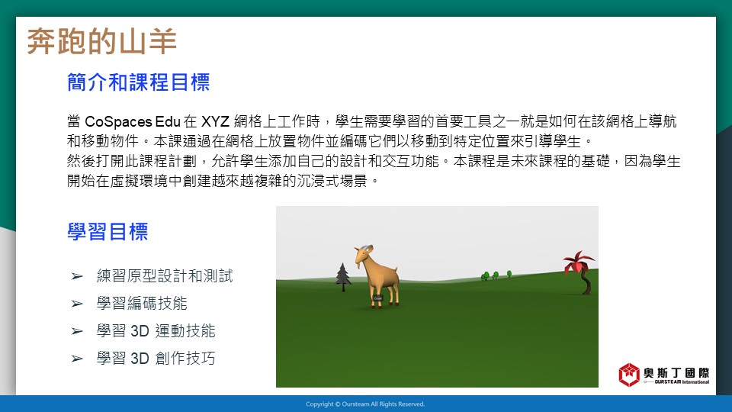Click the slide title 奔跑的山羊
[x=101, y=41]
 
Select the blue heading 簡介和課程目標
[x=139, y=82]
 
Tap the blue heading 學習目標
[x=108, y=232]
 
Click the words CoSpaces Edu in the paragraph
[x=133, y=122]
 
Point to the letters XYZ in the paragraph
[x=215, y=122]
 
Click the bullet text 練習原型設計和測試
[x=165, y=276]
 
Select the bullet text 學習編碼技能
[x=142, y=304]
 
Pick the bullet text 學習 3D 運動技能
[x=156, y=331]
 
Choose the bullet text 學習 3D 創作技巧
[x=156, y=359]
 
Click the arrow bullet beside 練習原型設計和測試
[x=77, y=276]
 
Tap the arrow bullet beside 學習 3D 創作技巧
[x=77, y=359]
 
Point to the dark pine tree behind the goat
[x=343, y=277]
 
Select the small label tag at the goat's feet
[x=377, y=298]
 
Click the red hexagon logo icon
[x=629, y=375]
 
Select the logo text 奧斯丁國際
[x=676, y=373]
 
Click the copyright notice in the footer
[x=365, y=404]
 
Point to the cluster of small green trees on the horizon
[x=496, y=275]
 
